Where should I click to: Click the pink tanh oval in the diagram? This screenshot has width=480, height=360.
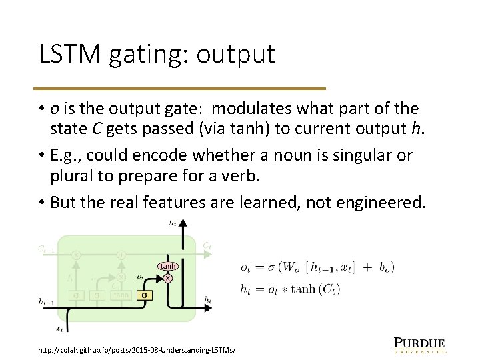coord(167,266)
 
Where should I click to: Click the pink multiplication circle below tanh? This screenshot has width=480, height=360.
coord(167,277)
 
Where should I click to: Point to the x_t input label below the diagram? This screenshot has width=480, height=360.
coord(59,328)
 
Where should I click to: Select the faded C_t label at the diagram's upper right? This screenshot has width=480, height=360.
coord(208,246)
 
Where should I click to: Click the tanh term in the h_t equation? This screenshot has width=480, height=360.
coord(305,289)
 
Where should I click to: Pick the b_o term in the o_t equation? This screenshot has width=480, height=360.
coord(386,267)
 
